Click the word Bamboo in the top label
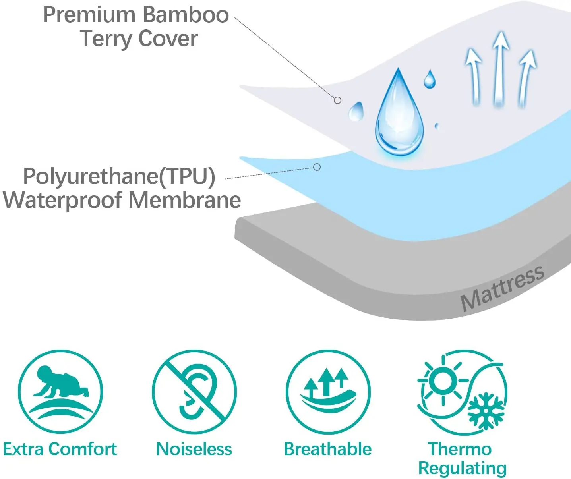(x=186, y=15)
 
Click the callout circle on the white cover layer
(x=337, y=100)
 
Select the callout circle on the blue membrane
(x=317, y=167)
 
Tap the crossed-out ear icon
(x=194, y=392)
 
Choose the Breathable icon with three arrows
(x=328, y=392)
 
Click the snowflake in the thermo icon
(x=485, y=411)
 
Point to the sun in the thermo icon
(x=443, y=380)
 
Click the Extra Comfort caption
(x=60, y=449)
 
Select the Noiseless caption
(x=194, y=449)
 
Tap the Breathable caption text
(x=328, y=449)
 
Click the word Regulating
(x=462, y=468)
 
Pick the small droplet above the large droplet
(x=430, y=79)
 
